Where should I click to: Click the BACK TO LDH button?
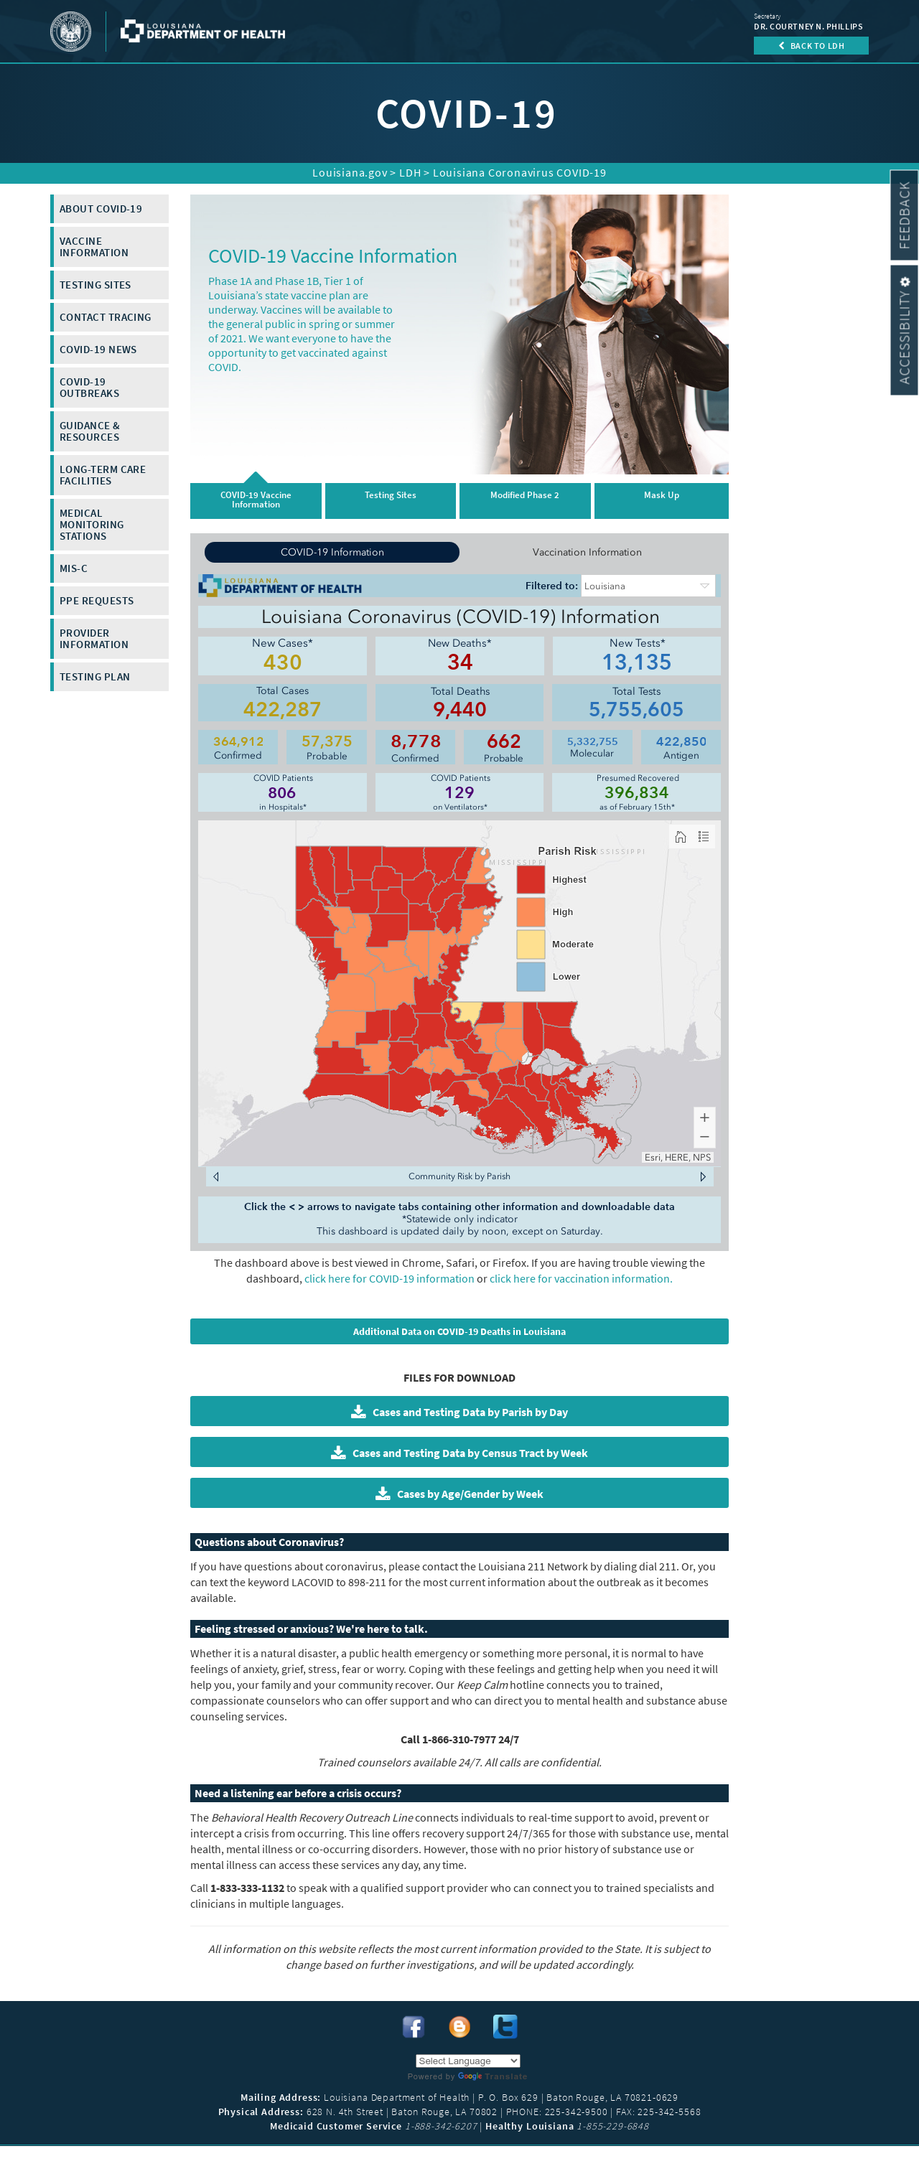coord(811,45)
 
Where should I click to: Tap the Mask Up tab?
coord(661,500)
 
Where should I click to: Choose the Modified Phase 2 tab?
coord(524,500)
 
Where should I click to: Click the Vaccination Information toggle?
coord(587,552)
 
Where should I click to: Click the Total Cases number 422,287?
coord(282,710)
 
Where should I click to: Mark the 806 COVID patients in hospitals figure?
coord(282,792)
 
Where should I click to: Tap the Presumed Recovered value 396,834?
coord(636,792)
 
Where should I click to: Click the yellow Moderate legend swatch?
coord(531,944)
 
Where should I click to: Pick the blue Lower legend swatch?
coord(531,976)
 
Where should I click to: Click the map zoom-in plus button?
coord(704,1118)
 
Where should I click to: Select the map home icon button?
coord(680,837)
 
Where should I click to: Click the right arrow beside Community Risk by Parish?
coord(702,1176)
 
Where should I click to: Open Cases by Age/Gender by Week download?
coord(459,1493)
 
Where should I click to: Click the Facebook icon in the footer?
coord(413,2026)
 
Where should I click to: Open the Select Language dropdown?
coord(467,2060)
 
